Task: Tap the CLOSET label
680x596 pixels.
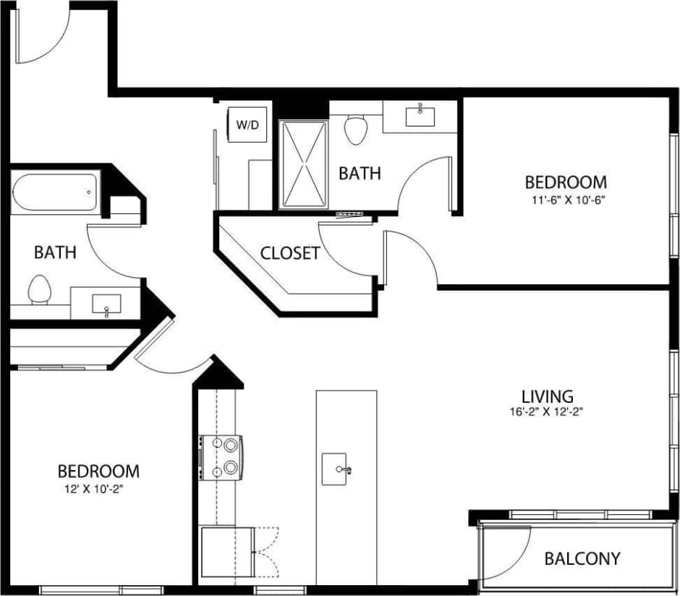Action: [289, 253]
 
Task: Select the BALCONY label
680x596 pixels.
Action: [582, 558]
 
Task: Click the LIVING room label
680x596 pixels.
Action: [548, 396]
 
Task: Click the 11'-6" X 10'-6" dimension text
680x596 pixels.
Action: [565, 199]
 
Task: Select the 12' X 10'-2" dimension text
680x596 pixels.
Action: [98, 488]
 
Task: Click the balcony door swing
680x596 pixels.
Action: [510, 550]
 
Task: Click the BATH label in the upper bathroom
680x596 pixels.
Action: [360, 174]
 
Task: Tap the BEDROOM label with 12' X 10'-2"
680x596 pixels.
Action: [98, 472]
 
